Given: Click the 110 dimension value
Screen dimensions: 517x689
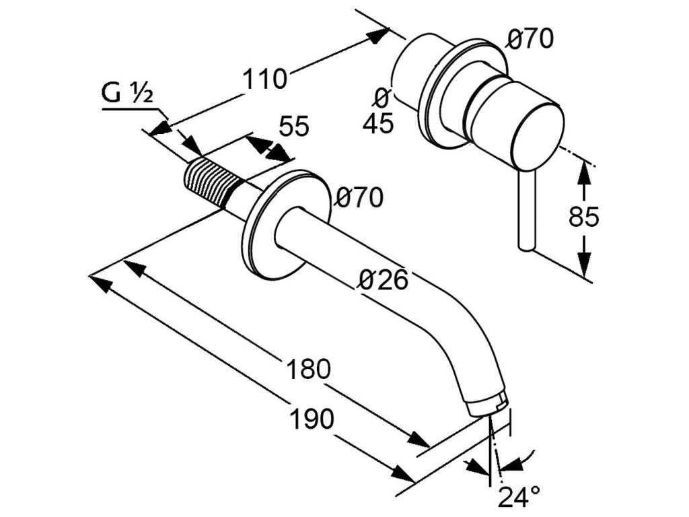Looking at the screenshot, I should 264,79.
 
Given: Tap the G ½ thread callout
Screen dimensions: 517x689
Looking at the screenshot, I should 127,94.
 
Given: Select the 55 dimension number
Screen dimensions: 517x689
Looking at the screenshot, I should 294,126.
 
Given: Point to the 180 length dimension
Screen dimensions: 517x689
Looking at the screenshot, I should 309,369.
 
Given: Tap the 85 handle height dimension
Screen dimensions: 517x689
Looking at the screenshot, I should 583,217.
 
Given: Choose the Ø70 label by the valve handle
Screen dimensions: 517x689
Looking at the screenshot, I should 530,40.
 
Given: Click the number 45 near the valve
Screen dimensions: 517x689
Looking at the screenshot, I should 377,124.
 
